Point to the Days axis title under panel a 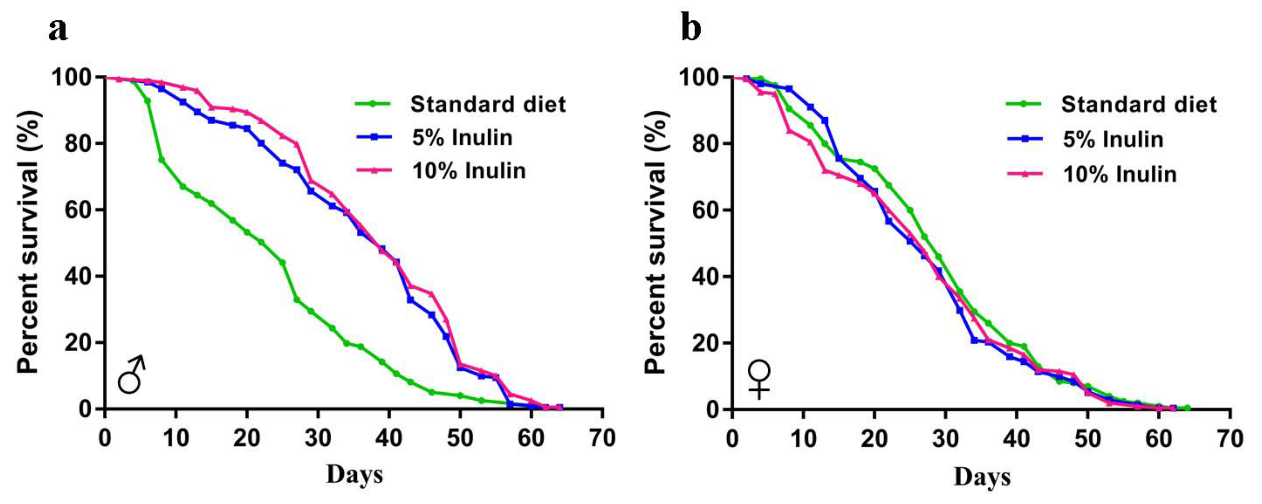(x=354, y=474)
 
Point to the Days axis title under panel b (x=982, y=476)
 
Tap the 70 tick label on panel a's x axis (x=602, y=438)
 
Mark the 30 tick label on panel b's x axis (x=945, y=438)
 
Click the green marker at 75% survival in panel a (x=162, y=160)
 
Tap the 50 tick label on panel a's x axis (x=460, y=438)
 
